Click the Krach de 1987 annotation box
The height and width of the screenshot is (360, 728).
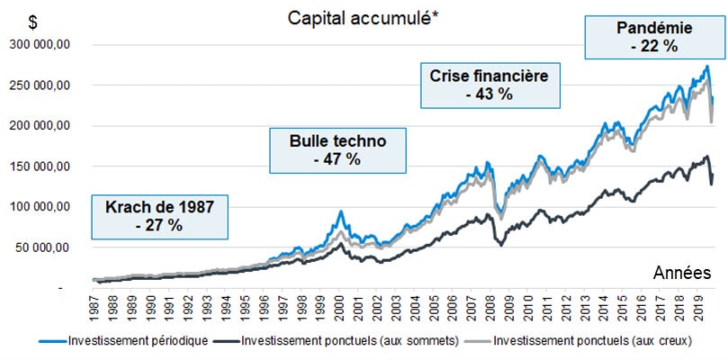pos(158,216)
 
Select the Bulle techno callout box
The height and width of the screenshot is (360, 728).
pos(337,149)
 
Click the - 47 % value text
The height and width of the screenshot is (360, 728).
pos(337,159)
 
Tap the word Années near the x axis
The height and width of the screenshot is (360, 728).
pos(682,274)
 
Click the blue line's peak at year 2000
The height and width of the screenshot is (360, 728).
pos(341,211)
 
